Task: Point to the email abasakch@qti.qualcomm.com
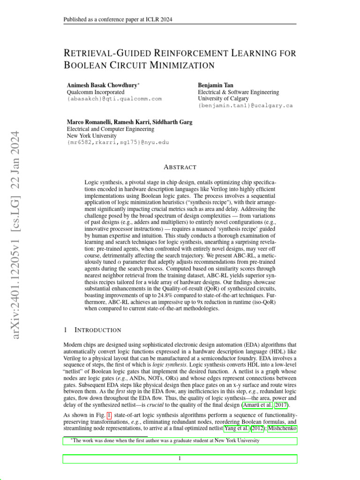click(x=114, y=99)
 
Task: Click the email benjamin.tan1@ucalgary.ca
click(x=245, y=105)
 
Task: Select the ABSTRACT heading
click(x=180, y=167)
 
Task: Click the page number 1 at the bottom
click(x=180, y=458)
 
